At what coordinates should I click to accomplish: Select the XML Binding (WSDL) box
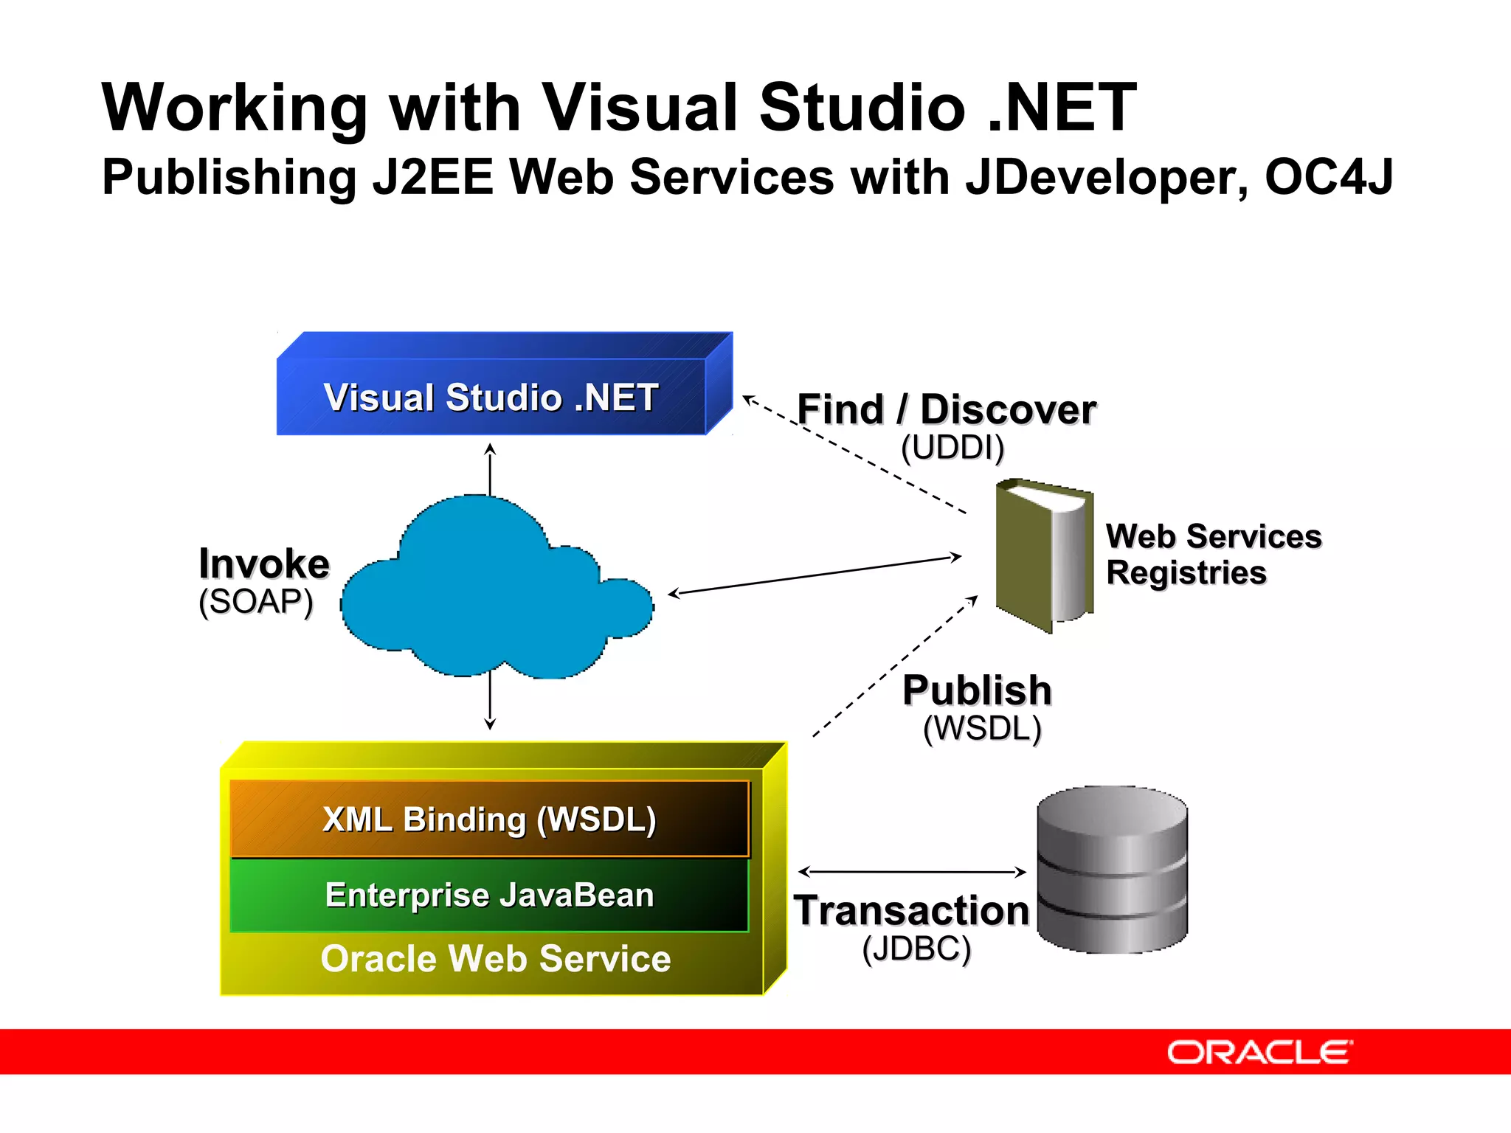pyautogui.click(x=489, y=820)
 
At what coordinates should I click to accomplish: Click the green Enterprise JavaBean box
pyautogui.click(x=489, y=895)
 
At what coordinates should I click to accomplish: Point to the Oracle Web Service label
pyautogui.click(x=496, y=959)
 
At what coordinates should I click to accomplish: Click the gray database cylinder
pyautogui.click(x=1112, y=870)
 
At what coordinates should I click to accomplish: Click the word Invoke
pyautogui.click(x=264, y=564)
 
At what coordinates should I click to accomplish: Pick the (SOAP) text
pyautogui.click(x=256, y=602)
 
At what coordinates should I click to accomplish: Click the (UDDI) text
pyautogui.click(x=952, y=447)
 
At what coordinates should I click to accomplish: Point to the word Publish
pyautogui.click(x=977, y=690)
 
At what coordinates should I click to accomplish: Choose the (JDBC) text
pyautogui.click(x=916, y=949)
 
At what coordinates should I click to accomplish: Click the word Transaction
pyautogui.click(x=912, y=911)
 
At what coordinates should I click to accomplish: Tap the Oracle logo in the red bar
pyautogui.click(x=1259, y=1053)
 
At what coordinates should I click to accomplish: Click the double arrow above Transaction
pyautogui.click(x=912, y=872)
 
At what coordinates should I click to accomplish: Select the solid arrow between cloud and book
pyautogui.click(x=815, y=575)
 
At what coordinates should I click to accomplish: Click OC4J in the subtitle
pyautogui.click(x=1329, y=177)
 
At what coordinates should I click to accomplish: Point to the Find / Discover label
pyautogui.click(x=947, y=410)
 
